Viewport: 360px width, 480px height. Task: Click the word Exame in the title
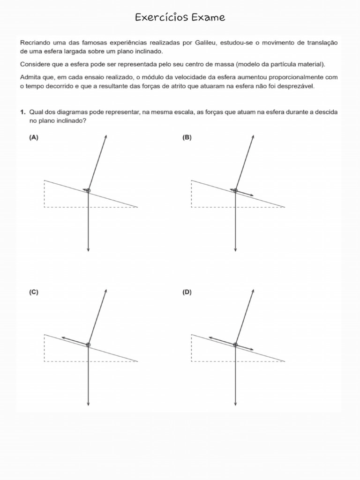click(208, 18)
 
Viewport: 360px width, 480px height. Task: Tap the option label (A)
click(33, 137)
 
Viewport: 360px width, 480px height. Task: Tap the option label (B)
click(187, 137)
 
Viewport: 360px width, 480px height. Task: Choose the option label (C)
click(33, 292)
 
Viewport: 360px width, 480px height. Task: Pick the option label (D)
click(187, 292)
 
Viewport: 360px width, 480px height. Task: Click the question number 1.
click(22, 112)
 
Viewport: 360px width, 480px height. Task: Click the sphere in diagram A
click(88, 191)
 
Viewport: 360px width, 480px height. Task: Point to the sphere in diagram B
click(235, 191)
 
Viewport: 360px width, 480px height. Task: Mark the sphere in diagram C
click(88, 345)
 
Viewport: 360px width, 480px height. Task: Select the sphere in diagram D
click(235, 345)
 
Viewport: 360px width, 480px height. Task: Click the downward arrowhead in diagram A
click(88, 250)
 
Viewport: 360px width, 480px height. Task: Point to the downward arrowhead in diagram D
click(235, 404)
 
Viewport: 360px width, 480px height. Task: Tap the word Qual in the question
click(36, 112)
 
